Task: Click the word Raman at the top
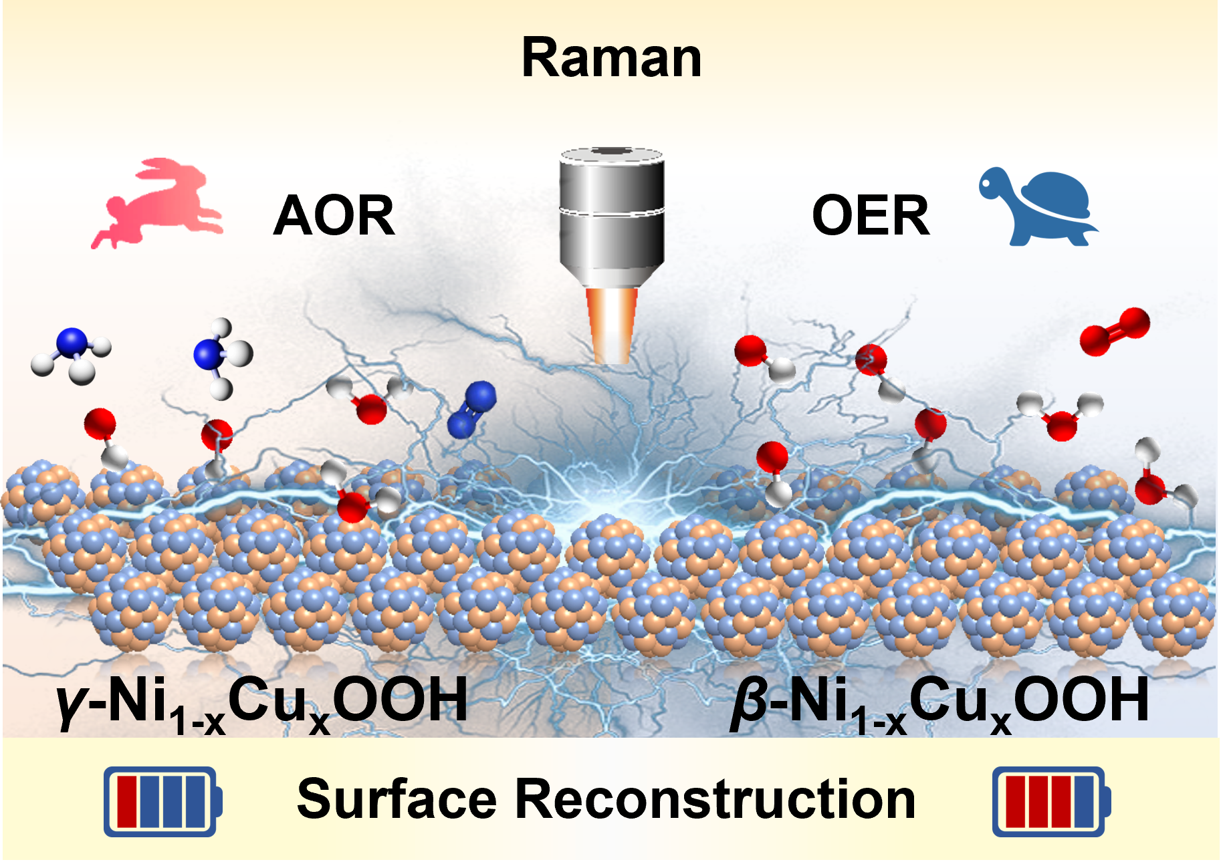[x=611, y=59]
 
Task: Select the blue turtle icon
[x=1038, y=206]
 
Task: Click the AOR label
[x=334, y=216]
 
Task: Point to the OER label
[x=870, y=216]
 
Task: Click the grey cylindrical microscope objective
[x=611, y=214]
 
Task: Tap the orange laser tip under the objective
[x=611, y=325]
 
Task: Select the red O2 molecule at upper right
[x=1115, y=331]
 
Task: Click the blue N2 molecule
[x=471, y=410]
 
